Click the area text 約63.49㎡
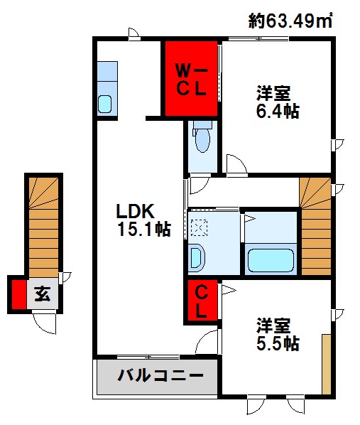(x=291, y=21)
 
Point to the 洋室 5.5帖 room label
(x=277, y=335)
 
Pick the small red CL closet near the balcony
(x=202, y=301)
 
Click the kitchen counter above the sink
(x=107, y=73)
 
